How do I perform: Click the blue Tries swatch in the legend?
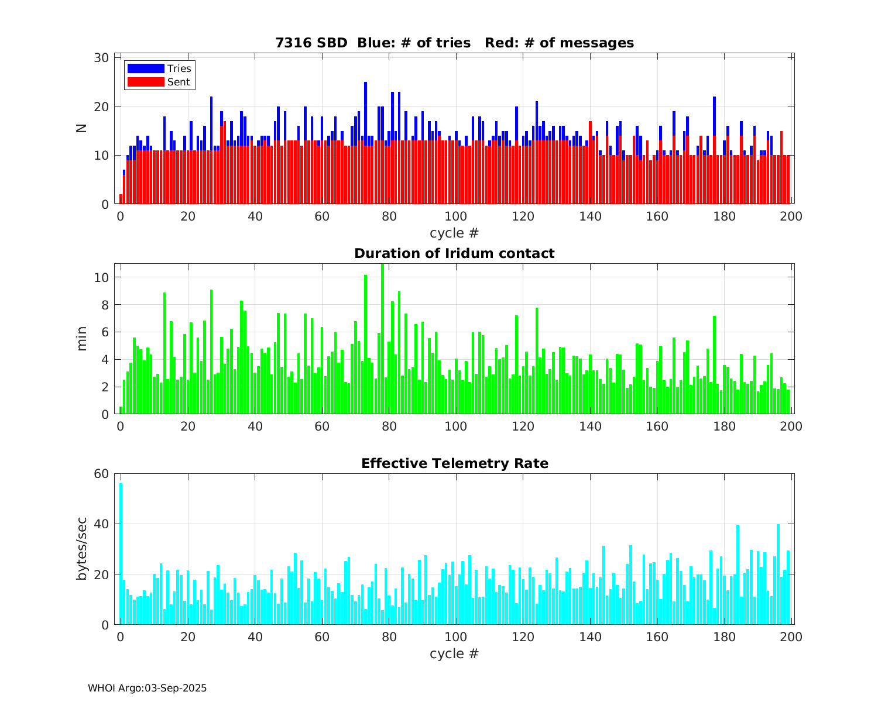[x=146, y=69]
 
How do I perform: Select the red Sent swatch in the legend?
[x=146, y=82]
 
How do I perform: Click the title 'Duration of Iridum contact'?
[x=454, y=253]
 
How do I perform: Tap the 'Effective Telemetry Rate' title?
[x=454, y=463]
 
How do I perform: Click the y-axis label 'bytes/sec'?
[x=81, y=549]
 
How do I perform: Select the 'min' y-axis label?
[x=81, y=339]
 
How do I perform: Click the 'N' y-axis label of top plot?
[x=81, y=126]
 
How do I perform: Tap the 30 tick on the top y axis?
[x=102, y=57]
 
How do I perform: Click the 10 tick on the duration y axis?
[x=102, y=277]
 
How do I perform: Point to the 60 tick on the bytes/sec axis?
[x=102, y=473]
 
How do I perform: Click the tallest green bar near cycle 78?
[x=382, y=339]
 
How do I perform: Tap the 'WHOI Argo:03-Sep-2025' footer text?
[x=147, y=688]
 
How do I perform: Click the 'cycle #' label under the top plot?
[x=454, y=233]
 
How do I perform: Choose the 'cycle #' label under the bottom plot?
[x=454, y=653]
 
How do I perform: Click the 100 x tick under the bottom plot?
[x=455, y=636]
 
